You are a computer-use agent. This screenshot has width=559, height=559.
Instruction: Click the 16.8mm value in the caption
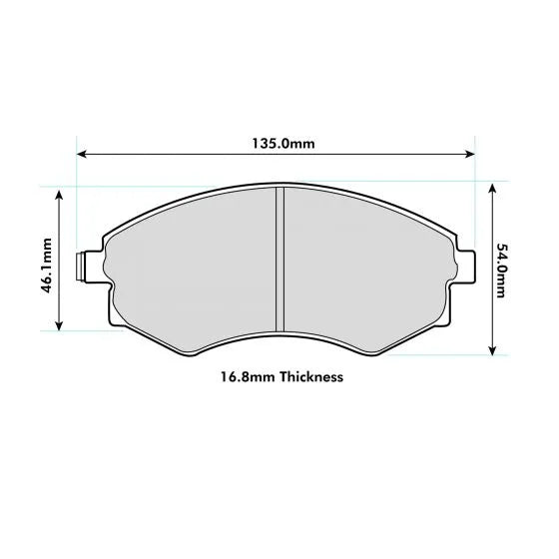point(248,378)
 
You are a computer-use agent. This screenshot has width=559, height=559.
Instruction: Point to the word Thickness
point(312,378)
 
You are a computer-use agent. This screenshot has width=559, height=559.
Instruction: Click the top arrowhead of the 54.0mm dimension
point(491,187)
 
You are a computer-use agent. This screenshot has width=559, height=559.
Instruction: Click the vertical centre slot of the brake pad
point(280,259)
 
